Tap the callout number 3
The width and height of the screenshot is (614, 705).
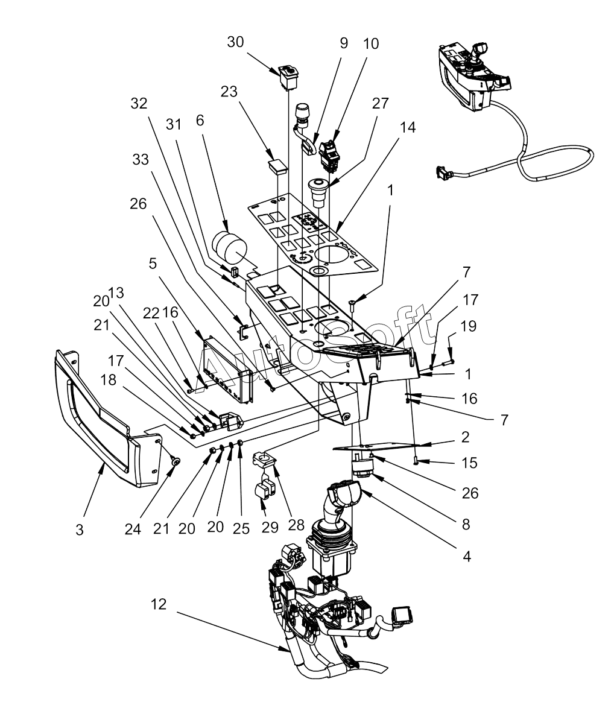pyautogui.click(x=80, y=530)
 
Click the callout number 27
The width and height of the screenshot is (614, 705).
pyautogui.click(x=381, y=103)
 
